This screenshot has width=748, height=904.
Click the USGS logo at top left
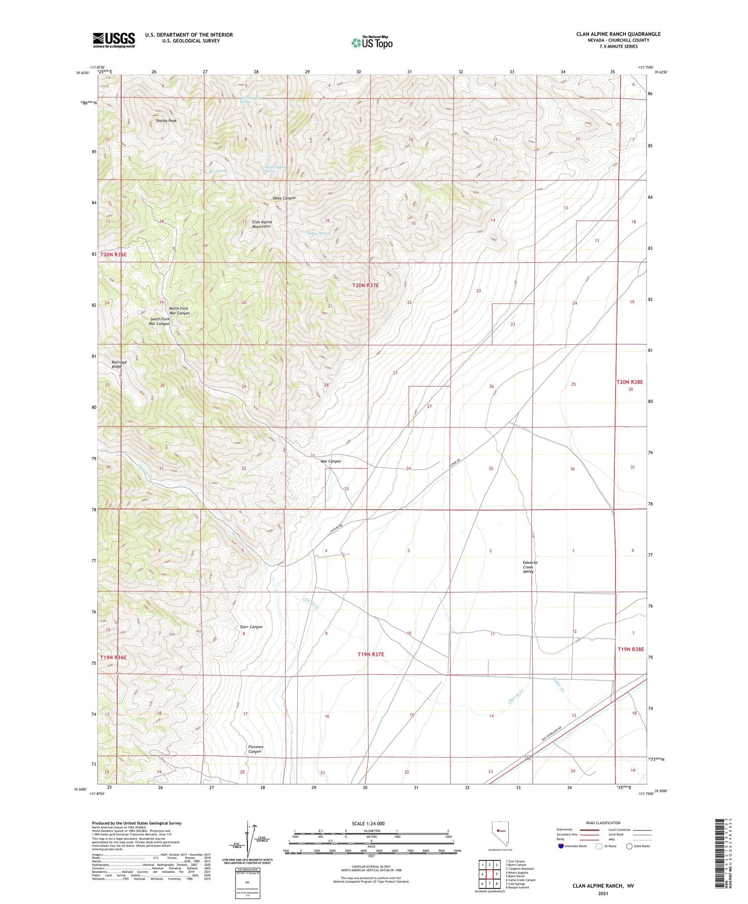tap(114, 39)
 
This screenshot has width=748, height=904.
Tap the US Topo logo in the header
tap(372, 42)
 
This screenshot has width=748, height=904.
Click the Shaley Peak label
tap(166, 121)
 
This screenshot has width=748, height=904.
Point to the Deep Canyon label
tap(284, 198)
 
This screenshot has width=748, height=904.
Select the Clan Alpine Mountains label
tap(262, 224)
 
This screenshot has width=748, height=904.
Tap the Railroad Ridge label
tap(119, 364)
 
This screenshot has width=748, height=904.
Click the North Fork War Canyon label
tap(179, 311)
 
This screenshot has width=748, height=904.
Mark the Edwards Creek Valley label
tap(530, 567)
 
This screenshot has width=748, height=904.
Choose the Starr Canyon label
tap(251, 627)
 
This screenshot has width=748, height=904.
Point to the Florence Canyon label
tap(255, 749)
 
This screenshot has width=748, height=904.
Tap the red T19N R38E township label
tap(630, 649)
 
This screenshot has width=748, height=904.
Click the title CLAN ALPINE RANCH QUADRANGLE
tap(618, 34)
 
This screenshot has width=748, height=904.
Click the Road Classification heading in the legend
tap(603, 823)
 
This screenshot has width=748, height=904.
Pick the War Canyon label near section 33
tap(331, 461)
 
